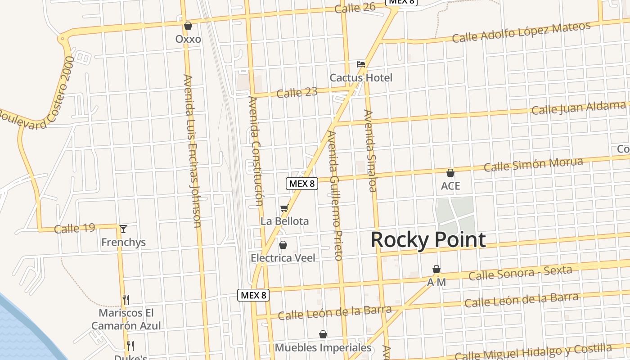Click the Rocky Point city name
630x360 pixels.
(x=428, y=240)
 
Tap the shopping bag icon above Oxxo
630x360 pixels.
(x=188, y=26)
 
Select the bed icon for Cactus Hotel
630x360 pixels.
(x=361, y=64)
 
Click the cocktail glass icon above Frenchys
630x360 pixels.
(x=123, y=229)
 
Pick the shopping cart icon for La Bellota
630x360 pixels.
(x=284, y=208)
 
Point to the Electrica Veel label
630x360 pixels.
(x=283, y=258)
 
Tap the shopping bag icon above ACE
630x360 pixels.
(x=450, y=173)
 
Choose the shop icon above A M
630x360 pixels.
(x=436, y=269)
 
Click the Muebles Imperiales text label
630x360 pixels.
(x=323, y=348)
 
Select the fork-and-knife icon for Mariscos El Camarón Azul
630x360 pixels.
(x=126, y=299)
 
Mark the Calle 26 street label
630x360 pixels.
(x=355, y=8)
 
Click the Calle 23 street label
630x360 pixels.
(x=297, y=93)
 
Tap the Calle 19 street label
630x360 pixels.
(x=74, y=228)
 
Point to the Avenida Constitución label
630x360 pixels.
(x=255, y=151)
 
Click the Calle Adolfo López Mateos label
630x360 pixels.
(x=521, y=32)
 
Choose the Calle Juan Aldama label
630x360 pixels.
(x=579, y=108)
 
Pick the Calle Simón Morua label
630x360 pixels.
(x=533, y=164)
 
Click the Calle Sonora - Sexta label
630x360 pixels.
(x=520, y=273)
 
